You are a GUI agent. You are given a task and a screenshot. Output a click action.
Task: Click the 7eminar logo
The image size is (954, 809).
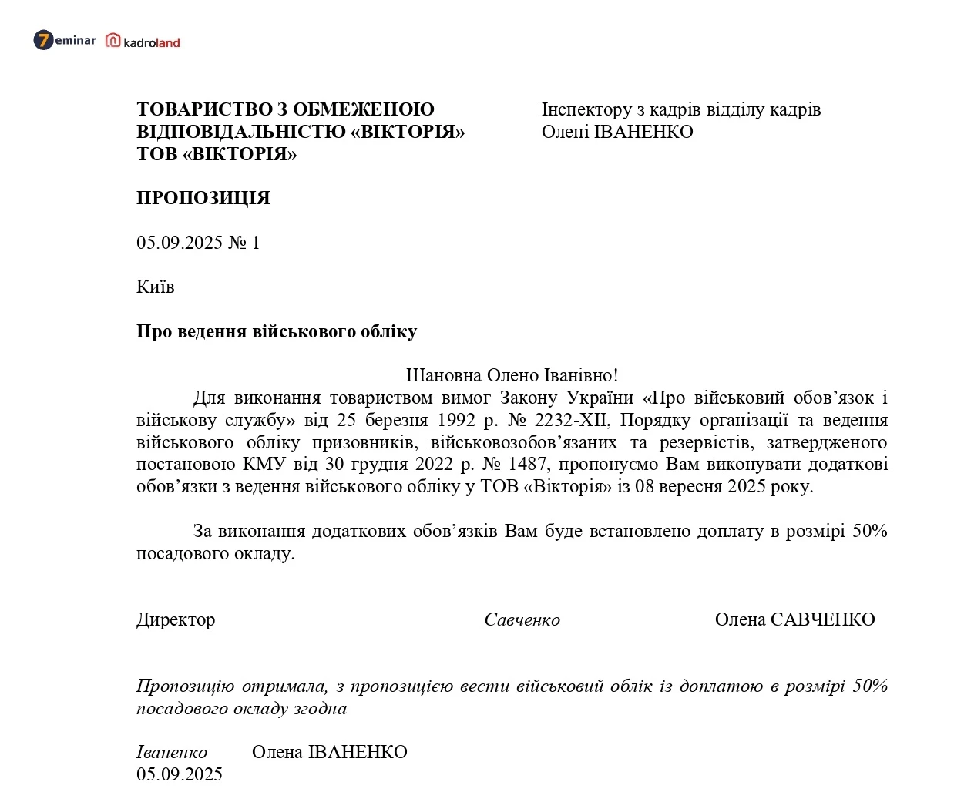tap(65, 40)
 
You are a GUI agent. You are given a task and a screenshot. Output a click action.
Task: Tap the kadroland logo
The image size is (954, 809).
tap(143, 42)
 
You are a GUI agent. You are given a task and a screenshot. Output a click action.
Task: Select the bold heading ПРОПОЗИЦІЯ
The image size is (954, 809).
tap(203, 198)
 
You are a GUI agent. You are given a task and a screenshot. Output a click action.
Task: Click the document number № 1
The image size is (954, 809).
tap(244, 243)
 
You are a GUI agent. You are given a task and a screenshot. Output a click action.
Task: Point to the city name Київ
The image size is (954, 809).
tap(156, 287)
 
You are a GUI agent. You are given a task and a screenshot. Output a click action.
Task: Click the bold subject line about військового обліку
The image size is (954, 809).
tap(277, 331)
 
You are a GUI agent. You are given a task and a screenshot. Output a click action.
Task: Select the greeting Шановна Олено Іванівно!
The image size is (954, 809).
tap(512, 375)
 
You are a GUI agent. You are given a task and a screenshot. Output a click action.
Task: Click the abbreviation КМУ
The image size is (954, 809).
tap(264, 464)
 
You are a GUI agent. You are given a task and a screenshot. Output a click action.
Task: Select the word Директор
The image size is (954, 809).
tap(176, 619)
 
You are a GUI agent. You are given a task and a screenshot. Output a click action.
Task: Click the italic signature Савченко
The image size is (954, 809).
tap(522, 620)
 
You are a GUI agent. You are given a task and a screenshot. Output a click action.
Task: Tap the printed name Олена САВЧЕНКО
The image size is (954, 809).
tap(794, 619)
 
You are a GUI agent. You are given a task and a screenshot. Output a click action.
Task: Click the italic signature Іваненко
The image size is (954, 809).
tap(171, 752)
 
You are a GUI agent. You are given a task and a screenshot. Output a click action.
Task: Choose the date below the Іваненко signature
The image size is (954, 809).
tap(180, 774)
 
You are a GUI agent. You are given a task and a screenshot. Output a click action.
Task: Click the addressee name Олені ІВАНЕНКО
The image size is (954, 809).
tap(617, 132)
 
